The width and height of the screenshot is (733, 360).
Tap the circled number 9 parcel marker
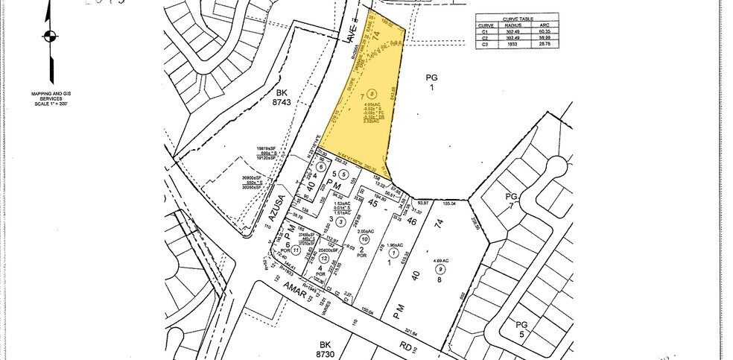click(441, 269)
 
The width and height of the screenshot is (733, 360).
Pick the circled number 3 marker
click(340, 221)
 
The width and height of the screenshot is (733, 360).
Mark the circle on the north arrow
click(49, 34)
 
